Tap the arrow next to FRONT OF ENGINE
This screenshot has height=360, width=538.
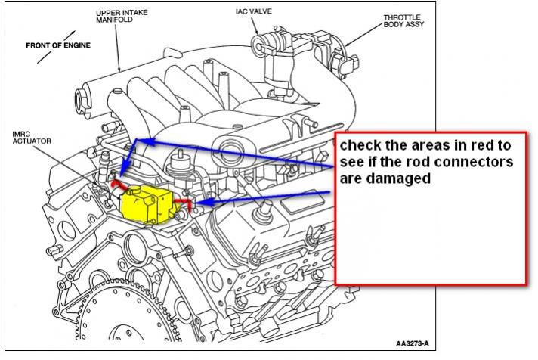[x=69, y=35]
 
